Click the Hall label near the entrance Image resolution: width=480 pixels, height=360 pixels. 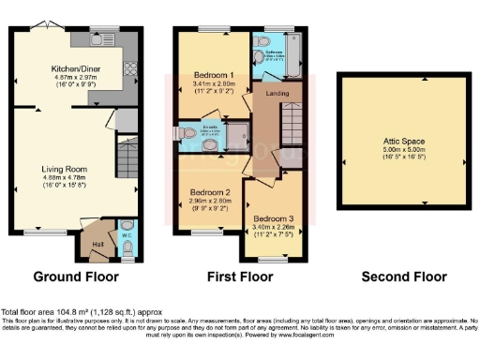coord(97,246)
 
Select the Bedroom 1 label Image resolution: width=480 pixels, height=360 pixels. coord(212,74)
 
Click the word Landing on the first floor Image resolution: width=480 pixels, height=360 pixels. coord(278,93)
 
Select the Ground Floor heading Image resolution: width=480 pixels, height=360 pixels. coord(75,277)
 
